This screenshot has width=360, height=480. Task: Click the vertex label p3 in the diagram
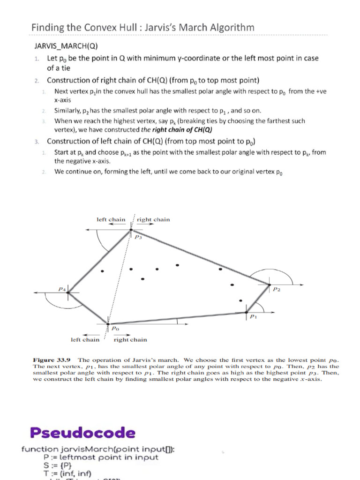138,237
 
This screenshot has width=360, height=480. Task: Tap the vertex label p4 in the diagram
61,289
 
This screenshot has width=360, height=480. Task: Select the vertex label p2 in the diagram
277,289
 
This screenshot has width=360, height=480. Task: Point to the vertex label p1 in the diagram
253,317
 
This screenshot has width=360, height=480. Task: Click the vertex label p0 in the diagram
115,329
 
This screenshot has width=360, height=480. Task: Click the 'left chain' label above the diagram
111,219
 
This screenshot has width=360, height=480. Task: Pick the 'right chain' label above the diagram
153,219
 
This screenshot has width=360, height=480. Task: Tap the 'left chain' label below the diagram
85,340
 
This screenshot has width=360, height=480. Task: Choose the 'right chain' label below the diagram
130,340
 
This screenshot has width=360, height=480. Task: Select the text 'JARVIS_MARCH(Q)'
65,46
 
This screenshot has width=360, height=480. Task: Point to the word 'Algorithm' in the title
229,27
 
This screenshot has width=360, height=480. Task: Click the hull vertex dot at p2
269,284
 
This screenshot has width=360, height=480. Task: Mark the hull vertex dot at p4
68,292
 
